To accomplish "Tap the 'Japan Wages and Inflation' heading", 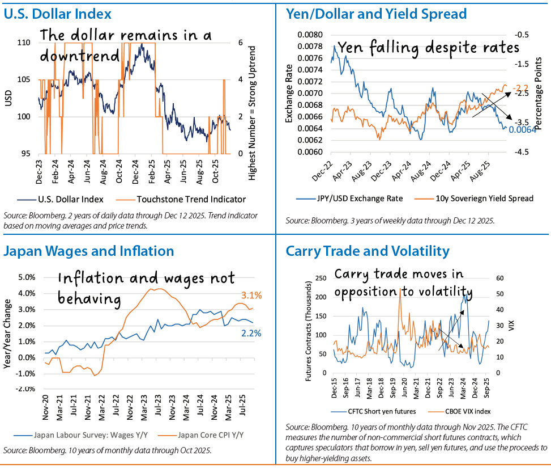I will [x=89, y=250].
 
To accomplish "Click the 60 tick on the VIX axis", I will [x=499, y=279].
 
